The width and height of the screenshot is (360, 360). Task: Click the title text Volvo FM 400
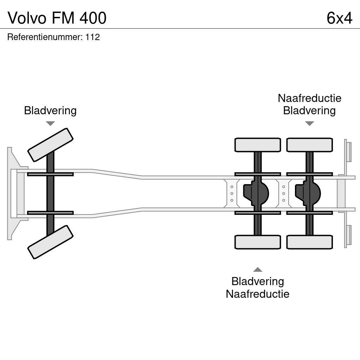(57, 18)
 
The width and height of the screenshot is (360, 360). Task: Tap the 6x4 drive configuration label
(339, 18)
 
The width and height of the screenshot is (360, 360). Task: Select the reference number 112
(92, 37)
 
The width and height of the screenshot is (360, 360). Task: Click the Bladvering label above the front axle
(50, 110)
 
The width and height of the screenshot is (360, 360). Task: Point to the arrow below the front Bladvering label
(50, 123)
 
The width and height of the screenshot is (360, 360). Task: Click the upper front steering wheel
(50, 144)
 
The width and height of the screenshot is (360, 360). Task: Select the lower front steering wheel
(50, 242)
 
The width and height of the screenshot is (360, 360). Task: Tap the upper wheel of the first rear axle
(257, 145)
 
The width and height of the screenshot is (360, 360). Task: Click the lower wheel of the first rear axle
(257, 242)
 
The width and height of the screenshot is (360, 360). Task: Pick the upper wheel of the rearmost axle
(309, 145)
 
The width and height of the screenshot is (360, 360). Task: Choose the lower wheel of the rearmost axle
(309, 242)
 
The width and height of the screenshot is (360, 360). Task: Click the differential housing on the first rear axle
(256, 193)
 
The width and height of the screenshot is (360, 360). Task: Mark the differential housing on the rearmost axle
(308, 193)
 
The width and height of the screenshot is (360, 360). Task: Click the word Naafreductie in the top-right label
(309, 98)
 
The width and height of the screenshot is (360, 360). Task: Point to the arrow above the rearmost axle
(309, 123)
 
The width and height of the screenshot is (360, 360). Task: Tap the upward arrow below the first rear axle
(258, 270)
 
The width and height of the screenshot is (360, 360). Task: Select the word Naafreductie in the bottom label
(257, 294)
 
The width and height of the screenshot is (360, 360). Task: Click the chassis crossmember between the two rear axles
(284, 193)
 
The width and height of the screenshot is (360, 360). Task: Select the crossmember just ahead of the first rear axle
(232, 193)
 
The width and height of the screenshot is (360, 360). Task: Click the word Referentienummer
(44, 37)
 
